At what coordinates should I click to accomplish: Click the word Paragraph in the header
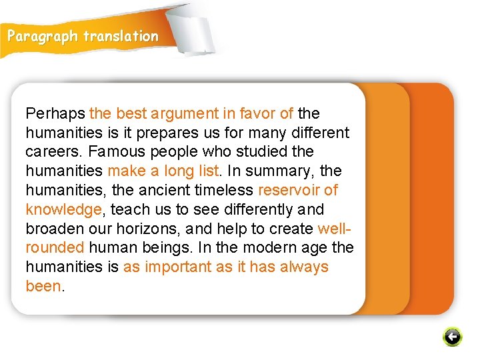43,37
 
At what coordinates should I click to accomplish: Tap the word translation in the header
121,37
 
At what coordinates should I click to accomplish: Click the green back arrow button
452,337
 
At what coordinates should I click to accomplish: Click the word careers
51,152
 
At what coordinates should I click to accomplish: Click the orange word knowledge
64,210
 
